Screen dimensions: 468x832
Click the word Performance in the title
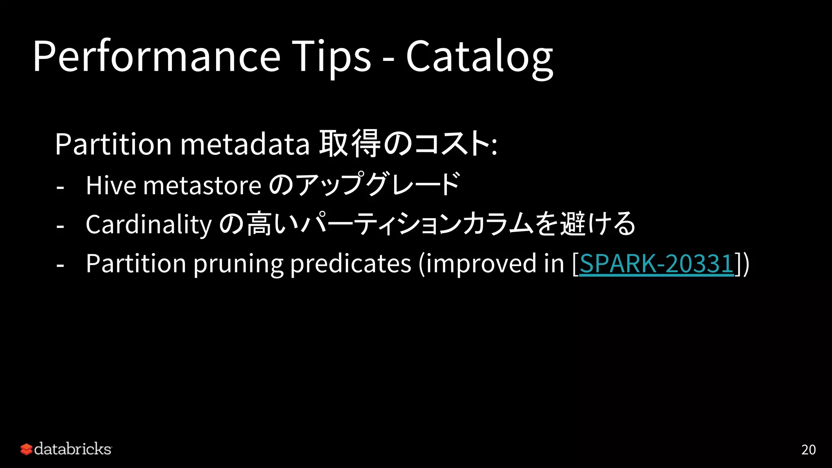point(156,57)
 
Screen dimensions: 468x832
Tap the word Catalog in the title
point(479,57)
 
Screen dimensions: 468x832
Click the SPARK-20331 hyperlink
point(656,264)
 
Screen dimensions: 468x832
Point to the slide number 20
point(808,450)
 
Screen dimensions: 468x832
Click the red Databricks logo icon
point(26,449)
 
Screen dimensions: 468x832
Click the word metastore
point(202,186)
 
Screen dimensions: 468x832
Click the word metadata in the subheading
point(245,144)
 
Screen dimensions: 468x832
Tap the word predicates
point(351,264)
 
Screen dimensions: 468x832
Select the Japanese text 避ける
point(597,224)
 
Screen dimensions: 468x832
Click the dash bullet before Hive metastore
point(61,188)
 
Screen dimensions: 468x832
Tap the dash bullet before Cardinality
point(61,226)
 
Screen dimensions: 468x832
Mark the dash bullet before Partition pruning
point(61,266)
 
